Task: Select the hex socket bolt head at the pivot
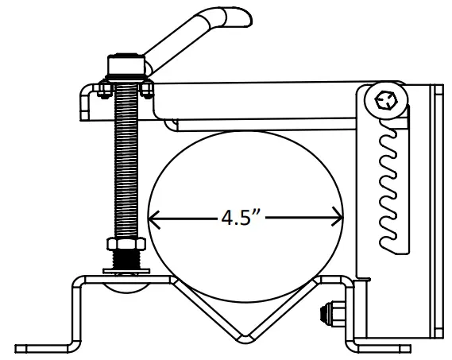(x=386, y=101)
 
